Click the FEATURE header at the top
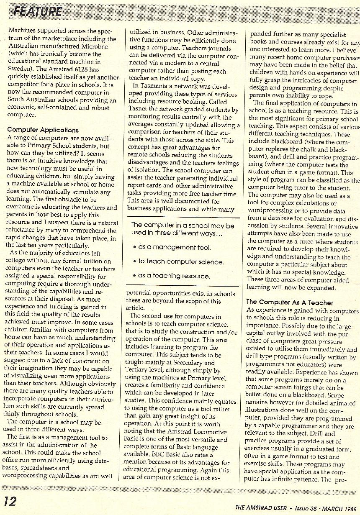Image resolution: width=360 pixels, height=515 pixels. tap(38, 11)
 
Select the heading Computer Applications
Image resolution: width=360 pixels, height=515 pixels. tap(43, 130)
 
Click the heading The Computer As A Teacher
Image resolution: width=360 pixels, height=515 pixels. tap(290, 302)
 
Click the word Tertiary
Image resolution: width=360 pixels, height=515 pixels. tap(140, 370)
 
